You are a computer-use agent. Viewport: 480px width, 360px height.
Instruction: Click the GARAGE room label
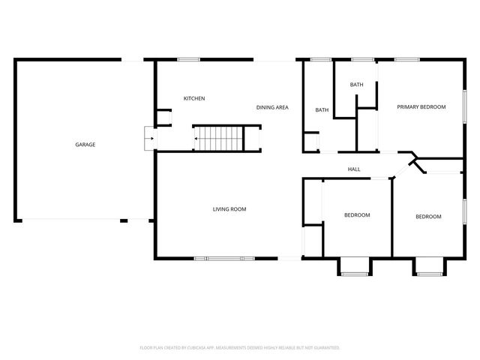pos(85,145)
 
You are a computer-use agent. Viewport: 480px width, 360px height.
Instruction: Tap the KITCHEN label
pos(194,98)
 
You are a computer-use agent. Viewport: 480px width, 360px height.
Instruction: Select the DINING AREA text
pos(272,108)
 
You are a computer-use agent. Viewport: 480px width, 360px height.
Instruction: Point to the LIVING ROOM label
pos(229,209)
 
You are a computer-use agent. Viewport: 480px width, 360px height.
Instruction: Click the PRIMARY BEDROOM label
pos(421,107)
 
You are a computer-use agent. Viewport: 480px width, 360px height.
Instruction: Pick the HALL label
pos(354,169)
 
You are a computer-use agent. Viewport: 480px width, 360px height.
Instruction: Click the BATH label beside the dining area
pos(322,110)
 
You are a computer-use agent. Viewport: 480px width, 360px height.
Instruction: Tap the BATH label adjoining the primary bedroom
pos(356,85)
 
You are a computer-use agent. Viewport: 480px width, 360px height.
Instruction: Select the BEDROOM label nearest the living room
pos(357,216)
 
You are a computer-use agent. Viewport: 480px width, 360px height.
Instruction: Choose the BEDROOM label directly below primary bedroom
pos(428,217)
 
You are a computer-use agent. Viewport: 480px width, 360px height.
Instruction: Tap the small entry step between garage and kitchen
pos(149,139)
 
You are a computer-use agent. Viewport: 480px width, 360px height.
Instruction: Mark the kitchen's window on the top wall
pos(188,59)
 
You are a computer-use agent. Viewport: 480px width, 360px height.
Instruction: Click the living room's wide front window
pos(224,259)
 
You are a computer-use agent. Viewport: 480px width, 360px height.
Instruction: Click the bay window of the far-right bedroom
pos(429,266)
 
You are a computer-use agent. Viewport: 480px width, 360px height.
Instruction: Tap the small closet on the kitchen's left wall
pos(163,117)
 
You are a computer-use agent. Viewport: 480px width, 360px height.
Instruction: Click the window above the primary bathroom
pos(363,59)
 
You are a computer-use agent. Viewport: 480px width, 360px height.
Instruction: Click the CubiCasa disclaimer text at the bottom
pos(240,348)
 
